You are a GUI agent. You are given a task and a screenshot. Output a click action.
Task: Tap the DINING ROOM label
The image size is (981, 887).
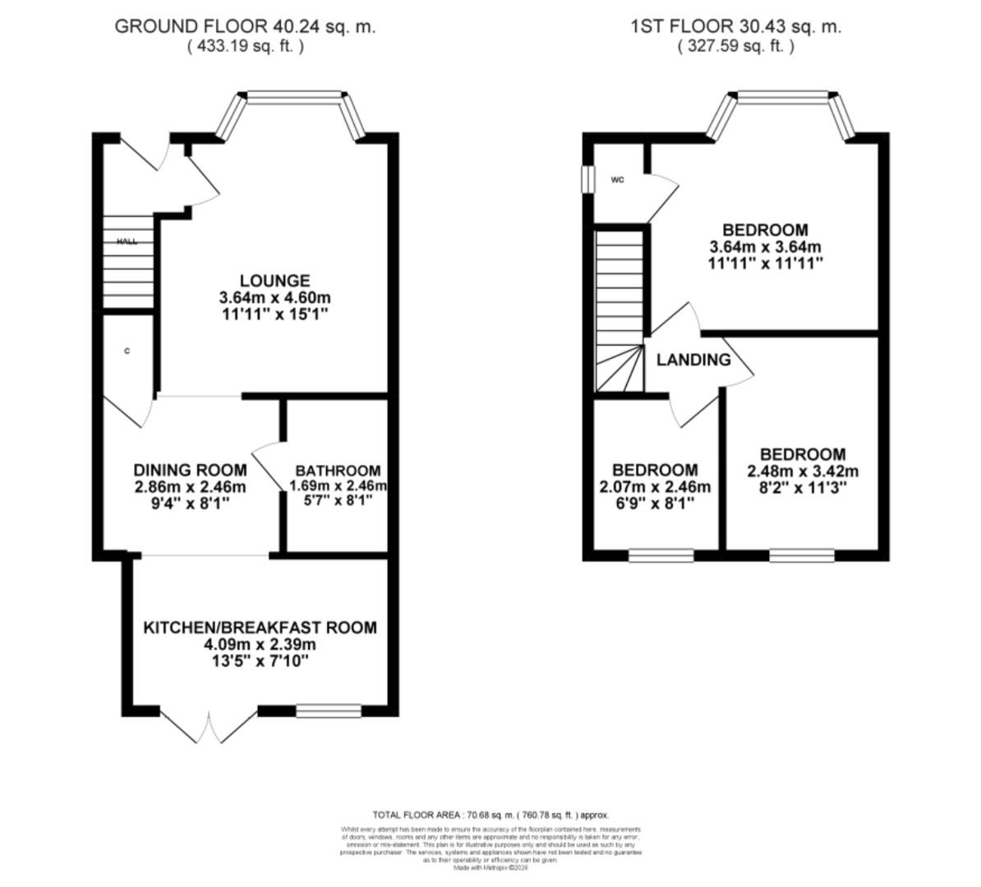pos(190,470)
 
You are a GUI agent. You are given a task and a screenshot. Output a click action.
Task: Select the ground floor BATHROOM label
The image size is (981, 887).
pos(338,471)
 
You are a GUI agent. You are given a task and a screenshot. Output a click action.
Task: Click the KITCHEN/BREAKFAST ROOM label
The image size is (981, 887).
pos(260,627)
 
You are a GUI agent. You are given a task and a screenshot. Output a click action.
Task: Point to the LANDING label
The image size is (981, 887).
pos(693,360)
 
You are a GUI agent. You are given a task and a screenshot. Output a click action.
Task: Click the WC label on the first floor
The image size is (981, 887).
pos(617,180)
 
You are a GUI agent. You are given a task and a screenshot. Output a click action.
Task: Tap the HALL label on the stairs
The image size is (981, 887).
pos(127,241)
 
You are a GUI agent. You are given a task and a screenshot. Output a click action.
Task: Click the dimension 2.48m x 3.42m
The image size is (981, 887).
pos(802,471)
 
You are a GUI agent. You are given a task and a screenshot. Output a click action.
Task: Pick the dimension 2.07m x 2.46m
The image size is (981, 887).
pos(655,487)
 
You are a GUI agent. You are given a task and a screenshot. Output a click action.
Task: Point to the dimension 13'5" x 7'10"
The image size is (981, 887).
pos(260,660)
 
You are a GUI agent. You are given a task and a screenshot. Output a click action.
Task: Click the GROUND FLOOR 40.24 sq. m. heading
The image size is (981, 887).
pos(245,26)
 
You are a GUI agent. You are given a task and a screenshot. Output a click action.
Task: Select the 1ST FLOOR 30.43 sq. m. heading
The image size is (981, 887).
pos(735,26)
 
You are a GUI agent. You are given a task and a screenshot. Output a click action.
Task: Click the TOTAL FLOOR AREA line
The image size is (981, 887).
pos(490,815)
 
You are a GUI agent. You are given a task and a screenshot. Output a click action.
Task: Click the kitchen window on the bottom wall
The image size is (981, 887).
pos(328,710)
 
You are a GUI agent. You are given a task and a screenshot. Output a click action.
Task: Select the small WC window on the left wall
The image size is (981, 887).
pos(587,180)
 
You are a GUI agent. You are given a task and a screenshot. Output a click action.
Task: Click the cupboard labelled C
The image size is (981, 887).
pos(127,352)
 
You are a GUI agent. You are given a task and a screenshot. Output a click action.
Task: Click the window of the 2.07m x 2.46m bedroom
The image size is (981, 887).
pos(661,556)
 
